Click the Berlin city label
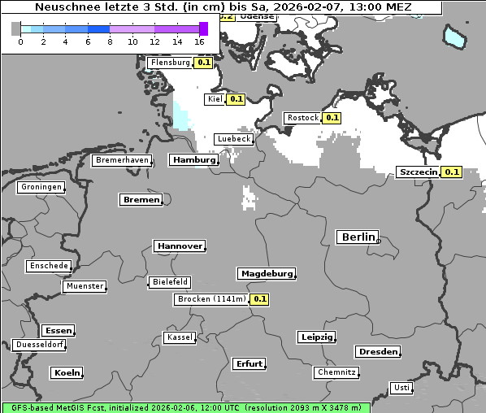[x=358, y=237]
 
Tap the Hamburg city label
[x=193, y=160]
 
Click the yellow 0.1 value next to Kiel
[x=236, y=99]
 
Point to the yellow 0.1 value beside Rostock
[x=332, y=118]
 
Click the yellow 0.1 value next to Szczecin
[x=452, y=172]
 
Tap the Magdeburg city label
[x=266, y=273]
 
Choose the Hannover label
[x=179, y=246]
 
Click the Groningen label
[x=41, y=187]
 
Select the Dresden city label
[x=377, y=351]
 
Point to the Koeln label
[x=67, y=372]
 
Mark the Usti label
[x=401, y=387]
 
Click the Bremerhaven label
[x=122, y=160]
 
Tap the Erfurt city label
[x=248, y=363]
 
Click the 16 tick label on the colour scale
[x=199, y=41]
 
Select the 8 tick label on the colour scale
[x=110, y=41]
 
